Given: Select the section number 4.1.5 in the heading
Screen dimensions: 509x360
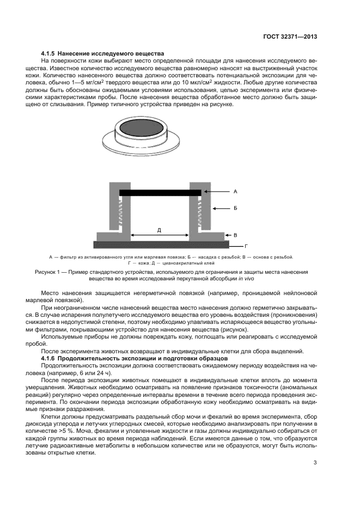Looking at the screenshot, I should [50, 54].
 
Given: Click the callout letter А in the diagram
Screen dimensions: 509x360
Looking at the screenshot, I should [235, 192].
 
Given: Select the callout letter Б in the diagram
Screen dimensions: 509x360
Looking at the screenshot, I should [235, 208].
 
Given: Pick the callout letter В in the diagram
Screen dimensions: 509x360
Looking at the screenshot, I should [235, 235].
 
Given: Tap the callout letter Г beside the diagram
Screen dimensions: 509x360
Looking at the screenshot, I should [246, 246].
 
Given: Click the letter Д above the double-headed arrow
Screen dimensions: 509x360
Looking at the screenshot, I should [159, 230].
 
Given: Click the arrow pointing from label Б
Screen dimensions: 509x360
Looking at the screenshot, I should [220, 208].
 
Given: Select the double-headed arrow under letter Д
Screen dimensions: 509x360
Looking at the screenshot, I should [159, 237].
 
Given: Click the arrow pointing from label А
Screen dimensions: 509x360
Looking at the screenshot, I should [218, 192].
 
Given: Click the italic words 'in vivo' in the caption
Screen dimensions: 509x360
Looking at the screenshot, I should [245, 278].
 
